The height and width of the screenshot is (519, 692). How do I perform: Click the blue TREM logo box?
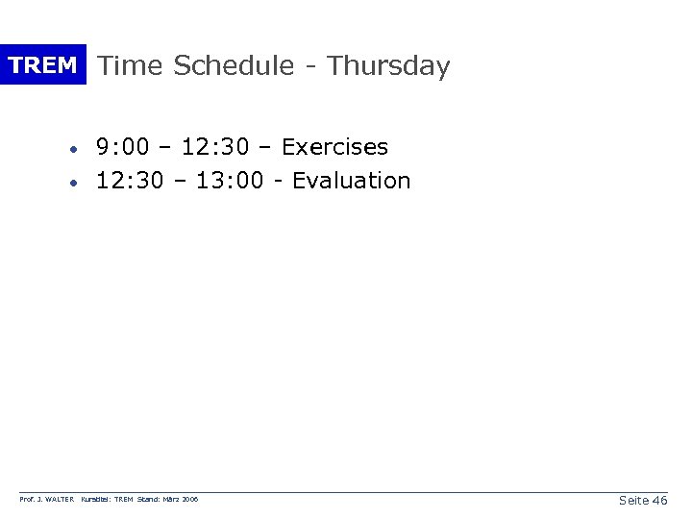(42, 65)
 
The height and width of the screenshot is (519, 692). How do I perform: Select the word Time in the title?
(132, 66)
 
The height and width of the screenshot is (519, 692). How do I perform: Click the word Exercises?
(334, 147)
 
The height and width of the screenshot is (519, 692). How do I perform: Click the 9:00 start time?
(122, 147)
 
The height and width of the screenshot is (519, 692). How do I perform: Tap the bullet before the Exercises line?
(73, 149)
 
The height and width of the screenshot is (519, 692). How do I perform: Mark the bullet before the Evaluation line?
(73, 182)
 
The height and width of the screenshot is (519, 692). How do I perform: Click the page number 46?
(659, 501)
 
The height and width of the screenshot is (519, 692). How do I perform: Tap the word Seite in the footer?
(633, 501)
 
